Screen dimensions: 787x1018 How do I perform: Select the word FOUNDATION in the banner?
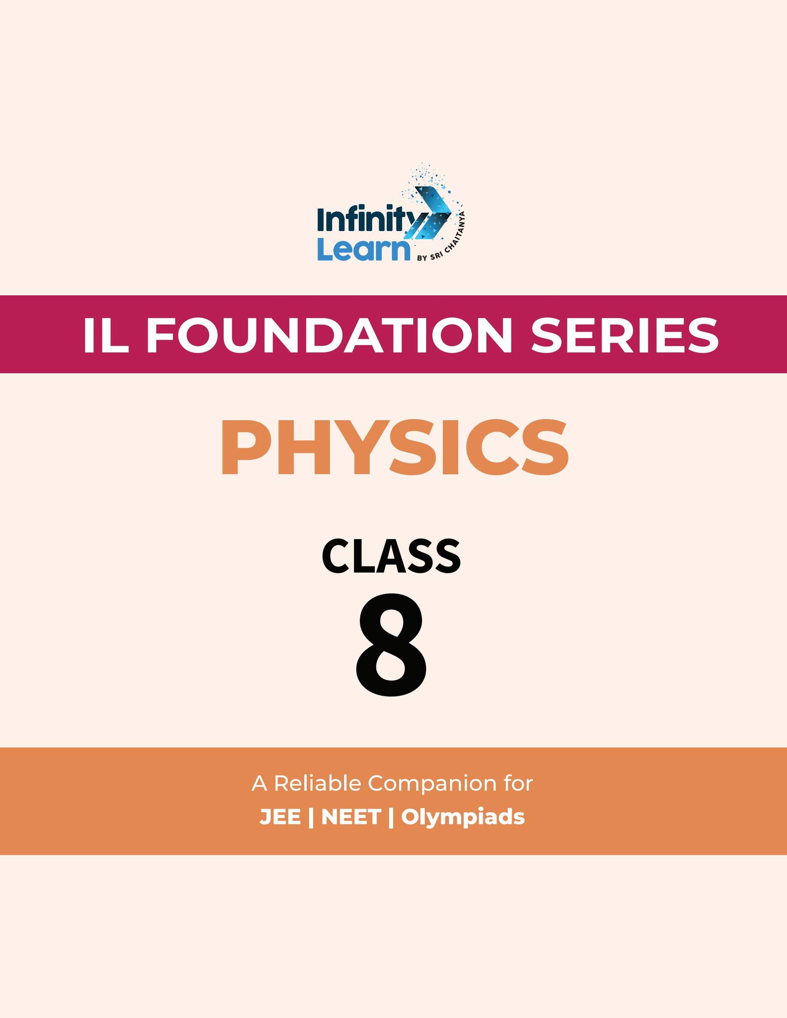tap(328, 335)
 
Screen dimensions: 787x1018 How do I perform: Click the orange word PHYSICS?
tap(394, 447)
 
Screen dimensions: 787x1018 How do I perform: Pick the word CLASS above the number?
tap(391, 557)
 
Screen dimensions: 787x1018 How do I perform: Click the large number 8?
tap(391, 644)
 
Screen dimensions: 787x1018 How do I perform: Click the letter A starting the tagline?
tap(260, 784)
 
